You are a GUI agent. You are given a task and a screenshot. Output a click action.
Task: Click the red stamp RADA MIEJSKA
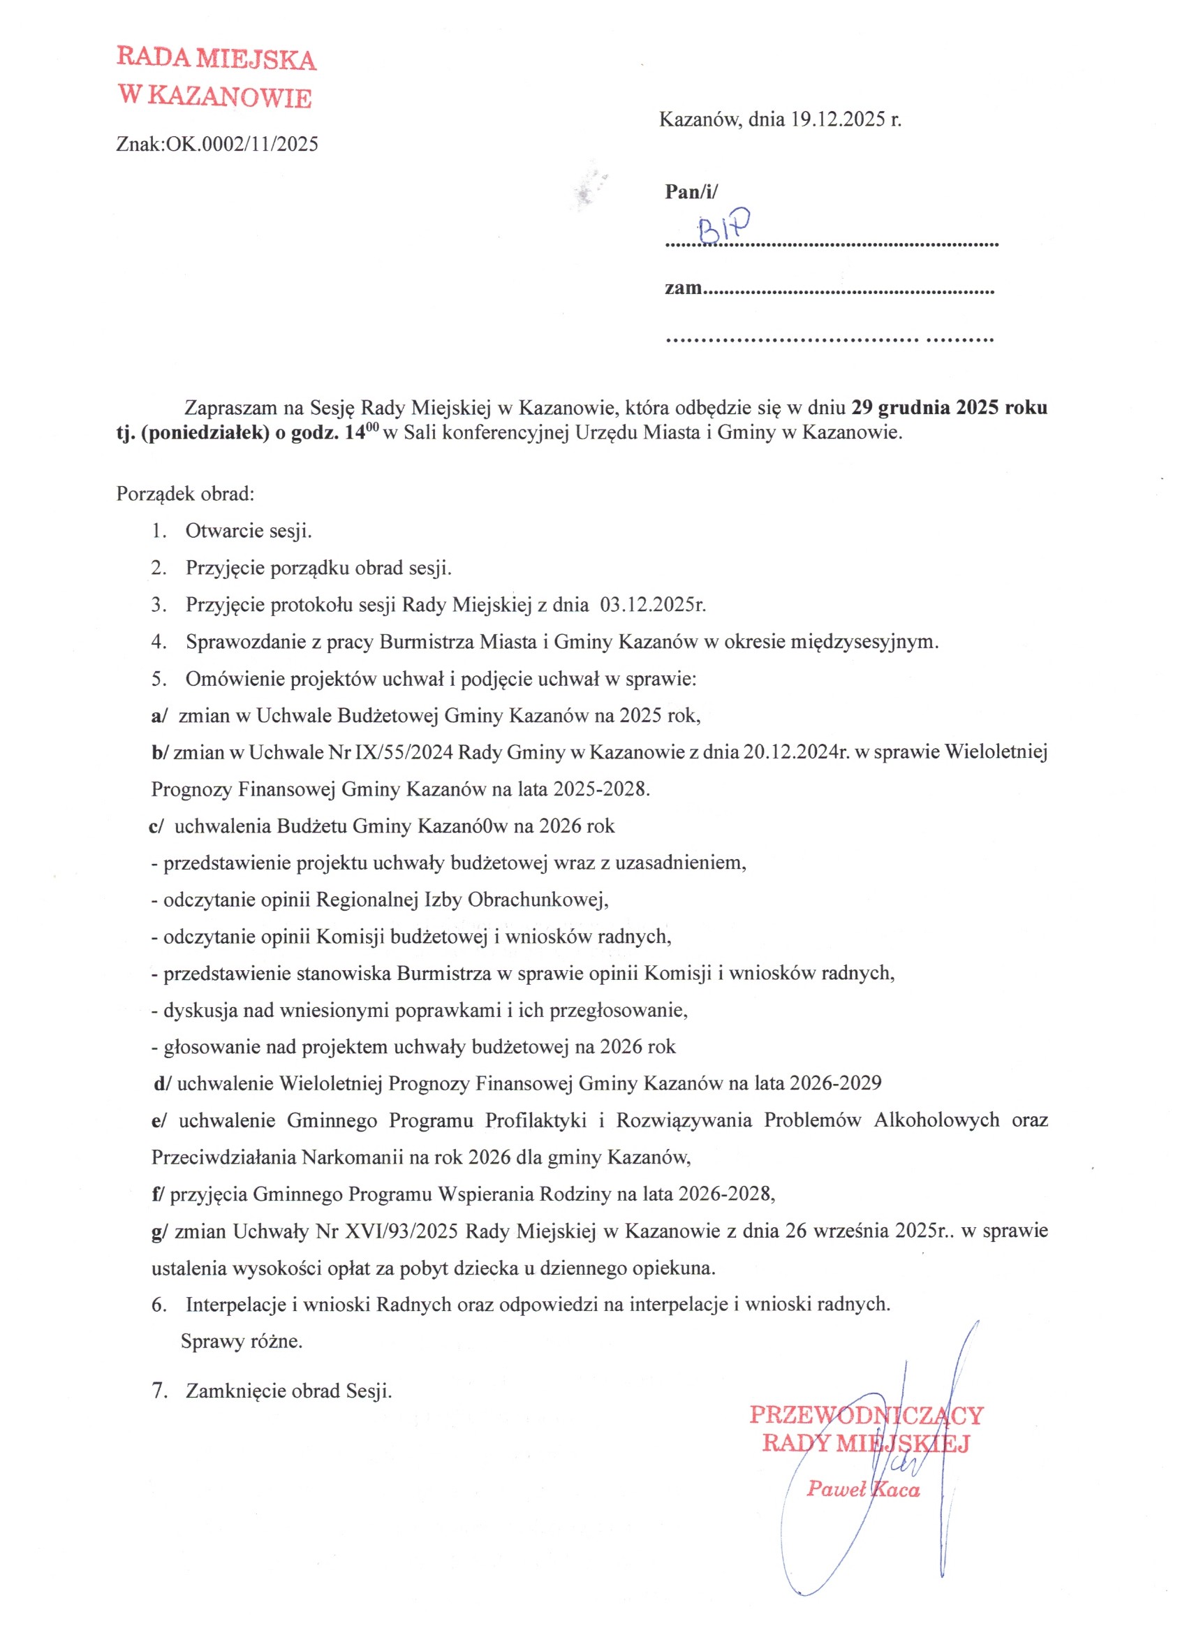pos(216,59)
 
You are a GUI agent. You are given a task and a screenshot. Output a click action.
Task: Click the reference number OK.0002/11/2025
pos(242,145)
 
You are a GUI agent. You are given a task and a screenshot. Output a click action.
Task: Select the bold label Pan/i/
pos(691,191)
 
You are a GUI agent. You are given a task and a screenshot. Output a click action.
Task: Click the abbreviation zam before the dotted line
pos(682,288)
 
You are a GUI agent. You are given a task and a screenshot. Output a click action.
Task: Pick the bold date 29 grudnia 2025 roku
pos(949,407)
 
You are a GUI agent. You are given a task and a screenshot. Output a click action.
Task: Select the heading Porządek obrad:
pos(185,494)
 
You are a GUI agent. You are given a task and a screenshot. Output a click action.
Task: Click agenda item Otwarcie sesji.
pos(249,532)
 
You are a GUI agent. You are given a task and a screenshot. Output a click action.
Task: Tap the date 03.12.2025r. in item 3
pos(652,605)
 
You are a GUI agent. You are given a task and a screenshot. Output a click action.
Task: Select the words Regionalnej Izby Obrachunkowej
pos(462,900)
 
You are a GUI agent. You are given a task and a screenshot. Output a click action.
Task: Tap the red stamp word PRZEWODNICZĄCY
pos(866,1415)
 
